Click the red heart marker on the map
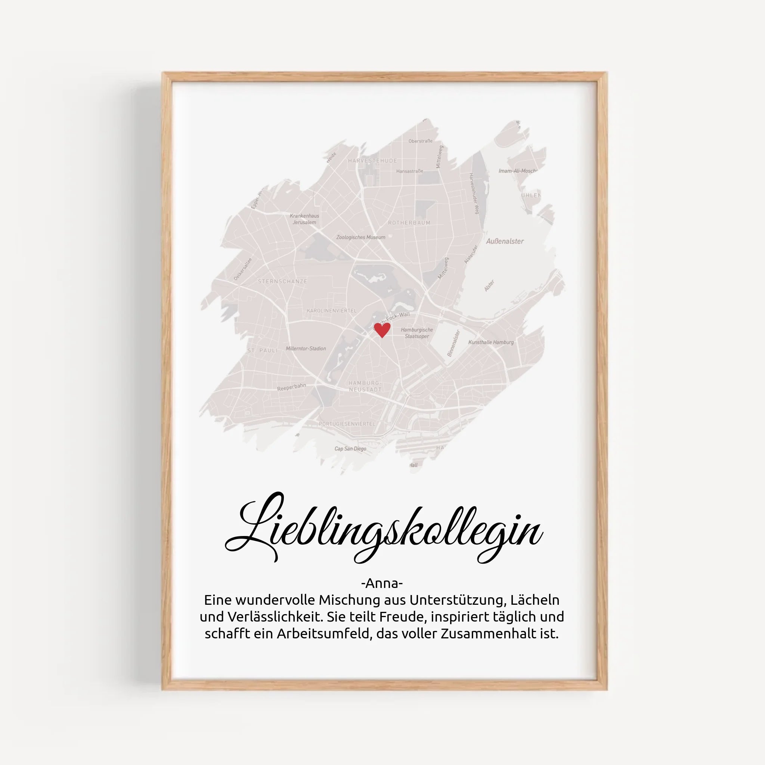click(382, 329)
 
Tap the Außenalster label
click(505, 241)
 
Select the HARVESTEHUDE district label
click(372, 161)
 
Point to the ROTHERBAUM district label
click(409, 223)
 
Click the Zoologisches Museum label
click(360, 237)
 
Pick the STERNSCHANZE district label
click(282, 281)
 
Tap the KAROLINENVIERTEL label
click(331, 310)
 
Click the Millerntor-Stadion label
click(306, 349)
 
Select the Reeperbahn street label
click(291, 387)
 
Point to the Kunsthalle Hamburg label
click(490, 342)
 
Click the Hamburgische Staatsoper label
click(416, 332)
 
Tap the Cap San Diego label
click(350, 449)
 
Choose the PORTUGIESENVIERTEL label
click(347, 424)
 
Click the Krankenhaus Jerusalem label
click(304, 219)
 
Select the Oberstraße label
click(420, 141)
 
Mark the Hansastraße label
click(409, 171)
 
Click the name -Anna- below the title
click(382, 583)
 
